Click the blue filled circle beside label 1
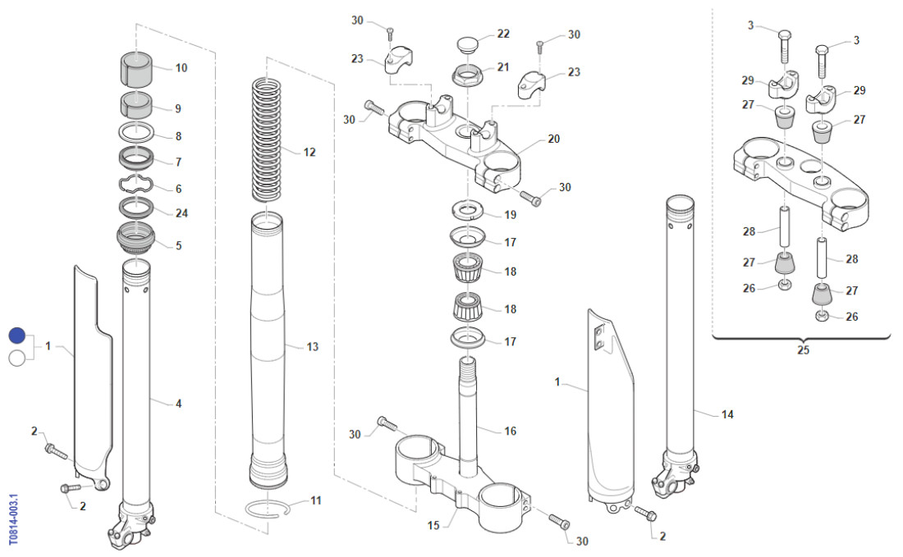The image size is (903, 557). [17, 336]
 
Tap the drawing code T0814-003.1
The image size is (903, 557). [13, 519]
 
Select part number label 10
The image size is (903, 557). [181, 68]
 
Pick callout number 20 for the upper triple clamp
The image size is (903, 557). [554, 139]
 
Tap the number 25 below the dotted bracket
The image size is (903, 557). [802, 350]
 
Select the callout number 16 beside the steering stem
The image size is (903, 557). [510, 431]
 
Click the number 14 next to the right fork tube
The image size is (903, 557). [727, 415]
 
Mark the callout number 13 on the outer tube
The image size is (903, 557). [312, 347]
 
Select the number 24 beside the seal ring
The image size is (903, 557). [181, 213]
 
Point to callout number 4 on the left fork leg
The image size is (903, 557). [177, 404]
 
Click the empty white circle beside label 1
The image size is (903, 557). [17, 358]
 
